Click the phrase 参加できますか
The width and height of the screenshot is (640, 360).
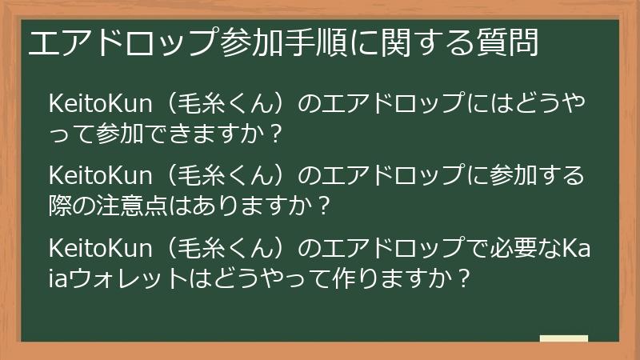(185, 134)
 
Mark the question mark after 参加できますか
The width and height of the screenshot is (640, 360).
(276, 134)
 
